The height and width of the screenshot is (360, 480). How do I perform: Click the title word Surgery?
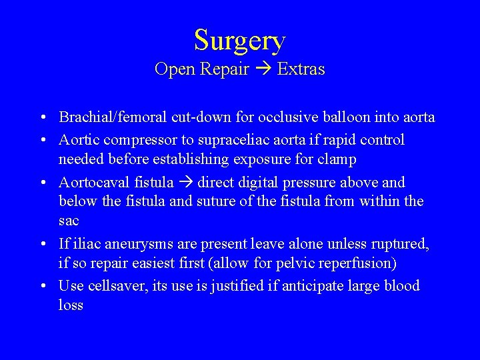coord(239,41)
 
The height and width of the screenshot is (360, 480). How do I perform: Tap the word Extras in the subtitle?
coord(301,69)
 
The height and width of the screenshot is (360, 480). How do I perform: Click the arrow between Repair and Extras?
coord(263,69)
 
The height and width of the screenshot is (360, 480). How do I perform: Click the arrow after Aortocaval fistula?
coord(187,183)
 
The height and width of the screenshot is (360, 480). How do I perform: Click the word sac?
coord(69,221)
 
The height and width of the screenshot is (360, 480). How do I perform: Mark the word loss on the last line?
coord(71,305)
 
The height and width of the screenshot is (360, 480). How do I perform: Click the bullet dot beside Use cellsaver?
coord(42,287)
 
